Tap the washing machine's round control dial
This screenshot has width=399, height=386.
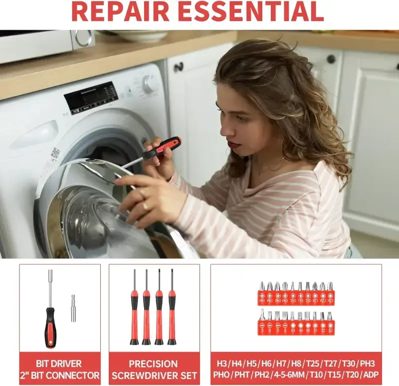click(149, 84)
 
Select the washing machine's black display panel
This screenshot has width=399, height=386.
click(91, 97)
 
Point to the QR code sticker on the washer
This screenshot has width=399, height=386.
click(55, 153)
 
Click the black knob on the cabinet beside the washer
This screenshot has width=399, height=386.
click(179, 66)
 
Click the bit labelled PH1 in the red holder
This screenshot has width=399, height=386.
click(262, 294)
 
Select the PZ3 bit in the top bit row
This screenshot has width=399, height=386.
click(330, 294)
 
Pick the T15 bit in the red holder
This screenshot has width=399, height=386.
click(300, 294)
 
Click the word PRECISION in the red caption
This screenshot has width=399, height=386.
click(153, 364)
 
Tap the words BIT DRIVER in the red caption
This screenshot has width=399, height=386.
click(59, 364)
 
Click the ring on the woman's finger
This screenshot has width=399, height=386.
click(146, 204)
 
